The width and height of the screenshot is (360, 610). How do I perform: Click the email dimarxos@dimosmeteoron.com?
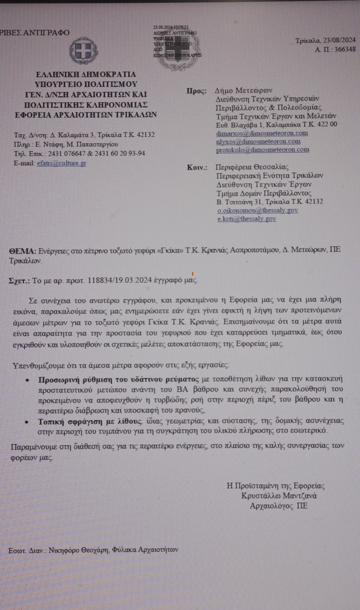[262, 133]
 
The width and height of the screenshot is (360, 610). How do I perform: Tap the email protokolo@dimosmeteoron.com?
[262, 149]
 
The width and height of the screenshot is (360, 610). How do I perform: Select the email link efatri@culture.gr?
[61, 163]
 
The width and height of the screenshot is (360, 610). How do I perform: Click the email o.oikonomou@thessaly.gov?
[257, 210]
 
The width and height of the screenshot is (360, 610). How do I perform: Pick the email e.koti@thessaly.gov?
[247, 219]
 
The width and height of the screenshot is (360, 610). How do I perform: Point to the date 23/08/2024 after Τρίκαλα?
[339, 40]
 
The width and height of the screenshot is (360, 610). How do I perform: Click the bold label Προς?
[196, 91]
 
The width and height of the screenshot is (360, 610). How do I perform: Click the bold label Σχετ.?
[19, 281]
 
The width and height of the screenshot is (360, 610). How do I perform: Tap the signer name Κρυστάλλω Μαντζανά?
[279, 496]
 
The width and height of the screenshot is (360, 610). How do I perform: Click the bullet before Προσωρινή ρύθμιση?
[27, 380]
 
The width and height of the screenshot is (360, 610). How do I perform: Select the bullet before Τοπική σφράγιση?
[27, 422]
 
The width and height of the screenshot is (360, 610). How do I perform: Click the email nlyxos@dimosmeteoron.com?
[258, 141]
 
